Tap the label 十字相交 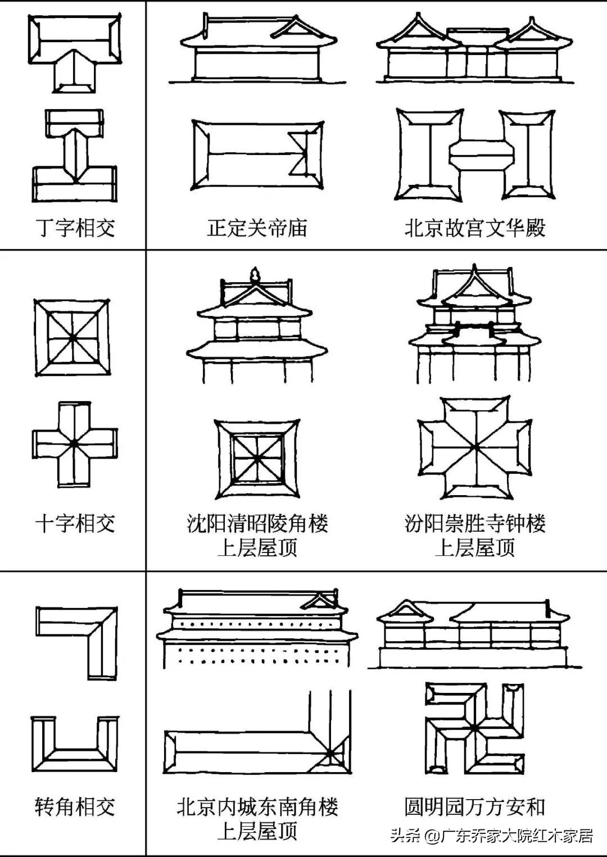75,524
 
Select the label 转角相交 75,806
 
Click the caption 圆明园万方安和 475,807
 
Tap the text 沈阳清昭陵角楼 257,524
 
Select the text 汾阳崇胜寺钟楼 475,524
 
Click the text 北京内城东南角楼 257,808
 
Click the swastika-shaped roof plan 475,728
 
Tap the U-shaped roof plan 75,745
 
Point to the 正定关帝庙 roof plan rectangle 257,153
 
